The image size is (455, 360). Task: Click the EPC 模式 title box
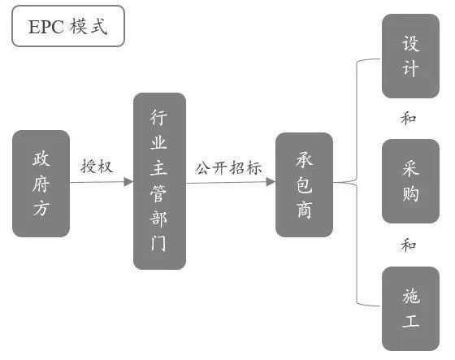(x=68, y=26)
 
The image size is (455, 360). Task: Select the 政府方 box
(x=41, y=184)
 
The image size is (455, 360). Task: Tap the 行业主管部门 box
(x=159, y=181)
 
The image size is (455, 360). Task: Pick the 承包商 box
(x=304, y=184)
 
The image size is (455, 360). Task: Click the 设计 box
(x=410, y=56)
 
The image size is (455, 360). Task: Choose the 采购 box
(x=410, y=181)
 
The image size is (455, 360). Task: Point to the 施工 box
(x=410, y=309)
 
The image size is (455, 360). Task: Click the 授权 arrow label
(x=97, y=167)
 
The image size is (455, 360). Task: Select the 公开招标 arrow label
(x=228, y=167)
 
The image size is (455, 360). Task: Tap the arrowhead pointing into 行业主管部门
(x=128, y=182)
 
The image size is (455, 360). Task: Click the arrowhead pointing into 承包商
(x=271, y=182)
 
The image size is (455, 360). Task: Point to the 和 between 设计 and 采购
(x=408, y=119)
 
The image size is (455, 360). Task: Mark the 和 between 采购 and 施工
(x=408, y=245)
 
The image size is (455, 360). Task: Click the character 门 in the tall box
(x=158, y=243)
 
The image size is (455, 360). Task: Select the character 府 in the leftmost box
(x=41, y=184)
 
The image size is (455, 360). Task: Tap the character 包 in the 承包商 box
(x=305, y=184)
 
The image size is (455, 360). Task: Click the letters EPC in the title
(x=46, y=27)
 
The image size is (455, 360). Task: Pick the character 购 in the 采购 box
(x=410, y=193)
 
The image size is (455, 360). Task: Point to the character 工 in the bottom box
(x=410, y=321)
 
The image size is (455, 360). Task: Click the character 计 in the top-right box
(x=410, y=68)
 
